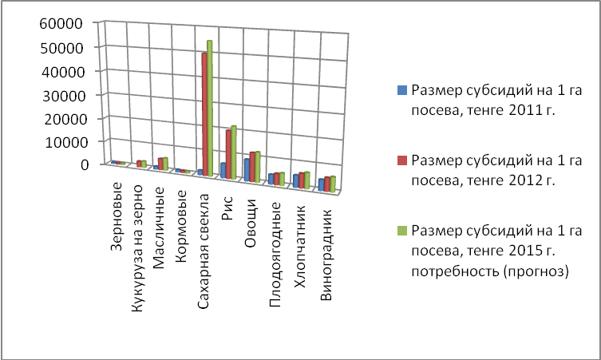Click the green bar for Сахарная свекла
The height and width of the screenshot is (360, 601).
pyautogui.click(x=209, y=108)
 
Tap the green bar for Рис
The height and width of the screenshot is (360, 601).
pyautogui.click(x=233, y=152)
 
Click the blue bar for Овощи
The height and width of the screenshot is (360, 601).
pyautogui.click(x=247, y=170)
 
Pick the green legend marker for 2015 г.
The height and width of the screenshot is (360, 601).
pyautogui.click(x=402, y=231)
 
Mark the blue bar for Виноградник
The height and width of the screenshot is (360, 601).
pyautogui.click(x=322, y=184)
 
